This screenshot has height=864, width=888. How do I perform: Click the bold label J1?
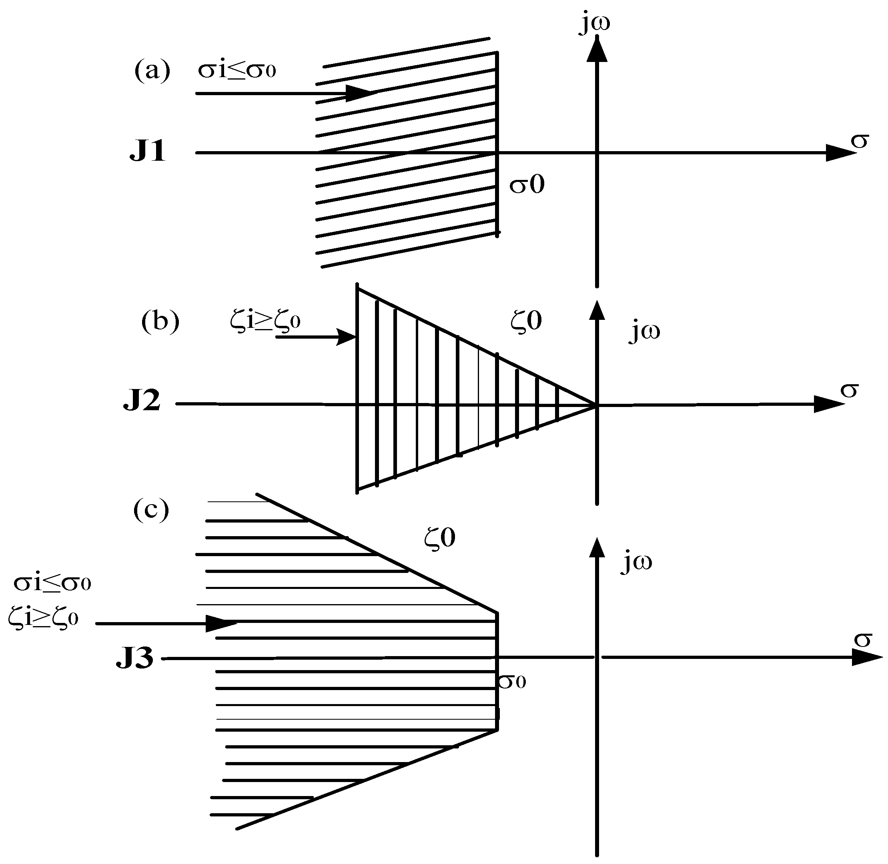[148, 151]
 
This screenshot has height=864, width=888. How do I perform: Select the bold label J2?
[142, 401]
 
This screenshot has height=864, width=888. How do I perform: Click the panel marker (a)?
[152, 71]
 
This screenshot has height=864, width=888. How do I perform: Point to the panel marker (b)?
[160, 322]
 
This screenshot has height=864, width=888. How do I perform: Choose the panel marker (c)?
[151, 510]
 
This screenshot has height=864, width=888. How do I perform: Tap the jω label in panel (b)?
[644, 332]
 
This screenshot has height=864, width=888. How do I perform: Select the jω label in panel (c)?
[636, 563]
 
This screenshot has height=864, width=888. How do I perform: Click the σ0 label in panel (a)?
[527, 185]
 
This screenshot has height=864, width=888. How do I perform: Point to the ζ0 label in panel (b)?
[526, 321]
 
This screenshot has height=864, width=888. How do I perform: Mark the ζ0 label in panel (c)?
[440, 538]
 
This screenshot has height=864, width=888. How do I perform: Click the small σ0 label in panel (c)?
[512, 681]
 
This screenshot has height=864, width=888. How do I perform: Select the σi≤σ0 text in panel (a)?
[237, 70]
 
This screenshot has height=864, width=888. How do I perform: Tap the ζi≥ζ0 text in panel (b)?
[265, 320]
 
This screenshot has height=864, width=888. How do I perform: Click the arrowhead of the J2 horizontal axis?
[828, 404]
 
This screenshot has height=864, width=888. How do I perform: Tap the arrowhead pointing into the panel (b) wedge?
[347, 337]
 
